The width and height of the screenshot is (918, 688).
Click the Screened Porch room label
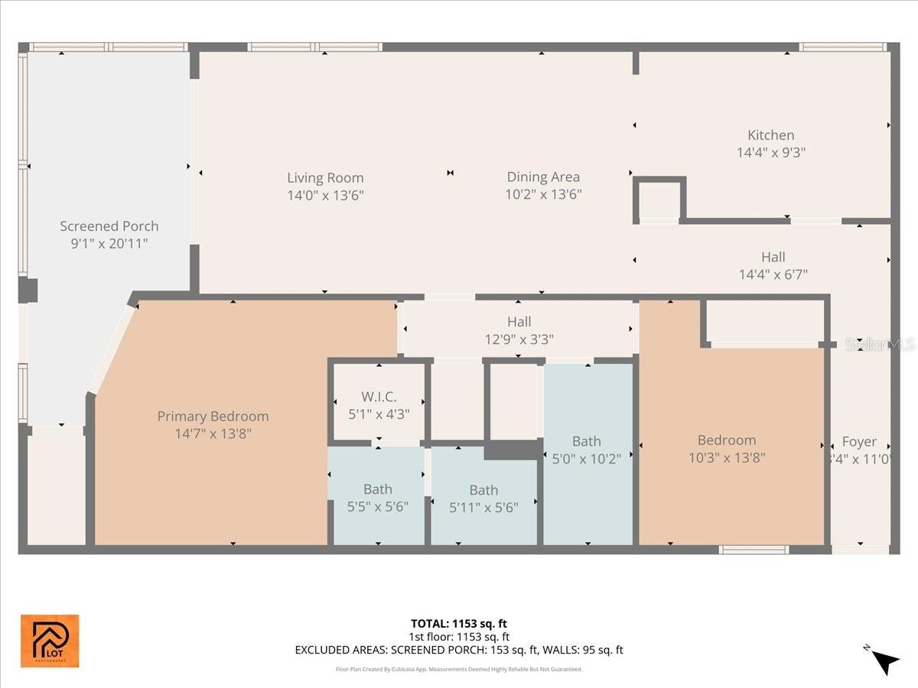click(109, 226)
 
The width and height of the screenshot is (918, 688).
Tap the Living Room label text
click(325, 178)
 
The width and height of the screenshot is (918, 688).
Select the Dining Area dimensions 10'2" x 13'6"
click(543, 195)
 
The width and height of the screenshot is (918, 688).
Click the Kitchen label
click(770, 135)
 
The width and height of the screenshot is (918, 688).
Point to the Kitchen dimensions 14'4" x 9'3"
click(770, 152)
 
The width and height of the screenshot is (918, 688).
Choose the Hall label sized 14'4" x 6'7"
click(773, 257)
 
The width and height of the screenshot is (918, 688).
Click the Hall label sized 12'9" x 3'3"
click(519, 322)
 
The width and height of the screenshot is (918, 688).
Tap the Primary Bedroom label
click(213, 417)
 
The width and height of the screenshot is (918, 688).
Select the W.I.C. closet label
click(379, 398)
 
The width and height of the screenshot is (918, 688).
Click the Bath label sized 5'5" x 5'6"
click(378, 489)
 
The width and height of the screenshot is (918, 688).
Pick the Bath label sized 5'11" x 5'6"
click(483, 490)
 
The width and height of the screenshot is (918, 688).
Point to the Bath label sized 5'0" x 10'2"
click(587, 441)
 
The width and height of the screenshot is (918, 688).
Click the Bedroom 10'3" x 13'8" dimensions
click(727, 458)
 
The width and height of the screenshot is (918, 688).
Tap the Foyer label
click(859, 442)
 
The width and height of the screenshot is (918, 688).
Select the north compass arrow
click(886, 661)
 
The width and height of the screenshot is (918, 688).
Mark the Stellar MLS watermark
click(879, 345)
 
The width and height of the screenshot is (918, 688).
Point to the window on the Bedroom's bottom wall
click(754, 549)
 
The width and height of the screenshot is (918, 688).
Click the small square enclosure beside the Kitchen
click(659, 200)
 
